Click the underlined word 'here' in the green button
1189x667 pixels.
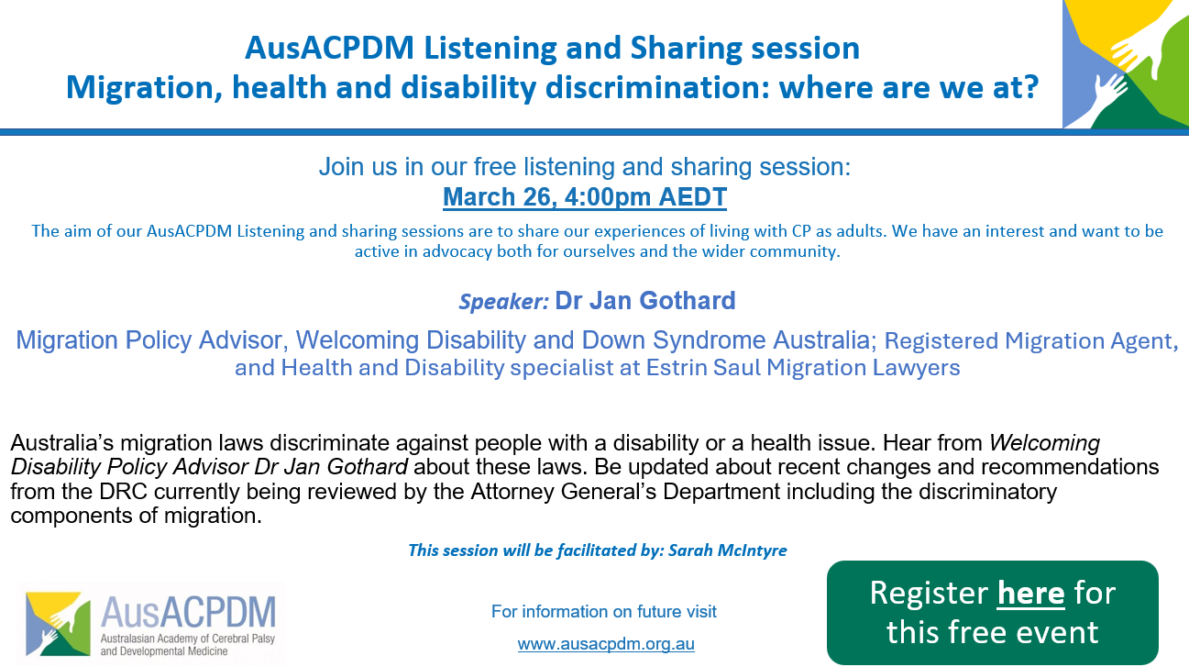pyautogui.click(x=1030, y=594)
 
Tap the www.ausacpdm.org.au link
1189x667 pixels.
pyautogui.click(x=606, y=644)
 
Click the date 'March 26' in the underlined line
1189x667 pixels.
pyautogui.click(x=499, y=197)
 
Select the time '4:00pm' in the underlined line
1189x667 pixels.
pyautogui.click(x=607, y=197)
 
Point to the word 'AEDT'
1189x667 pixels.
pyautogui.click(x=693, y=197)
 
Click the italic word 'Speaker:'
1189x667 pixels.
pyautogui.click(x=503, y=302)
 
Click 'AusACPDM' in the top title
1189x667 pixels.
pyautogui.click(x=329, y=48)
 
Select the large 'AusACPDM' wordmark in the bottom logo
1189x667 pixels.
pyautogui.click(x=188, y=612)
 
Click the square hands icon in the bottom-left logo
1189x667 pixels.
pyautogui.click(x=58, y=624)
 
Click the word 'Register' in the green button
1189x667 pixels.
pyautogui.click(x=929, y=594)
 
